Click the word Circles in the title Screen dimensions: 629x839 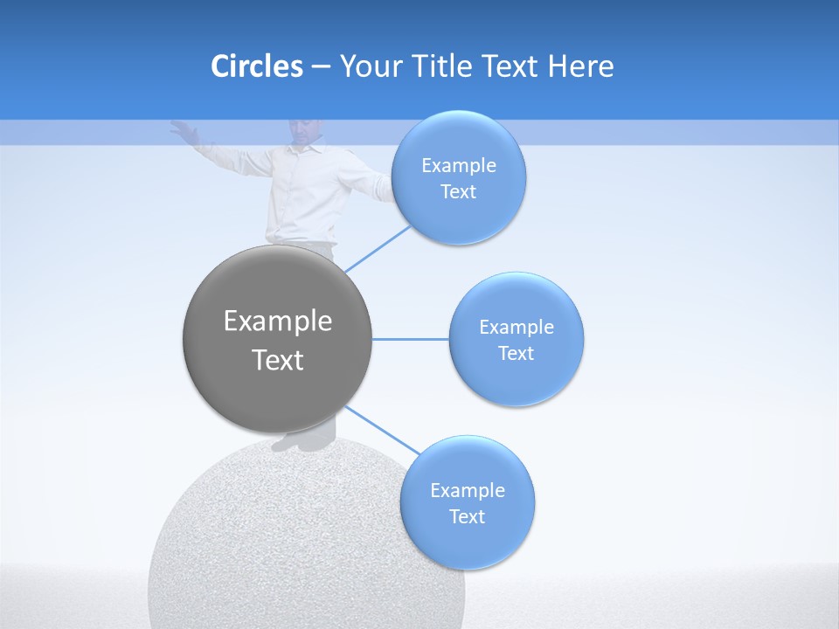256,66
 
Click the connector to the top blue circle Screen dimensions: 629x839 378,248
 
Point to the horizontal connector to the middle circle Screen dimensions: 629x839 410,339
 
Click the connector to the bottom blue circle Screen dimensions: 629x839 383,430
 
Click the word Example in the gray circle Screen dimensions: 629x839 277,321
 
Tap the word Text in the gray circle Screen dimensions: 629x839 277,360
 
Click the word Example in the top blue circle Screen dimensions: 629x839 458,166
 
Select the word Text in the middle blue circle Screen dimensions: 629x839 516,353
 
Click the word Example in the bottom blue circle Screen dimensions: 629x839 467,490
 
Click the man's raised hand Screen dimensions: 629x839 182,130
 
